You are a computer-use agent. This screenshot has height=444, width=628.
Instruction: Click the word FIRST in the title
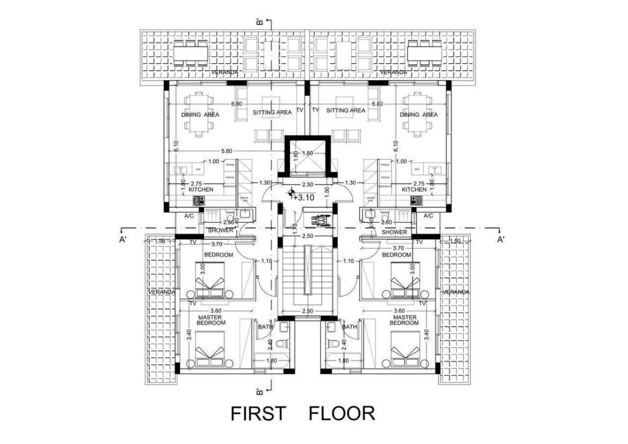coord(259,413)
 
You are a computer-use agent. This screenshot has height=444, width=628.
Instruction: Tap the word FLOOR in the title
coord(342,413)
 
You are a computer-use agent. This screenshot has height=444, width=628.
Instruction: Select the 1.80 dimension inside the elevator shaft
coord(307,153)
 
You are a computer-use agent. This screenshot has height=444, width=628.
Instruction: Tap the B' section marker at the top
coord(259,22)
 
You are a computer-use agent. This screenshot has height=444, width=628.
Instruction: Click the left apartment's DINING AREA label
coord(200,115)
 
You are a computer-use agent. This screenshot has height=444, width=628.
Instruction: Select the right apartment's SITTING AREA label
coord(345,111)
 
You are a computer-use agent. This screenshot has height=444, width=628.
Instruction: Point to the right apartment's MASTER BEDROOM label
coord(405,320)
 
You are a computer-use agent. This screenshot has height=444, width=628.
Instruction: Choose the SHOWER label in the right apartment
coord(395,231)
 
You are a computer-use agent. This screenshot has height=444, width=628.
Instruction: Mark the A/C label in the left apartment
coord(189,216)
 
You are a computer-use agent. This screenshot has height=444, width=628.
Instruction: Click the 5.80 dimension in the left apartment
coord(227,151)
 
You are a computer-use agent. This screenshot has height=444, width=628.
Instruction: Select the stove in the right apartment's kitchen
coord(419,201)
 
